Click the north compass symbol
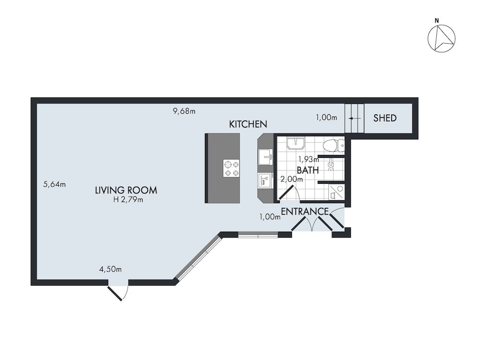click(x=441, y=38)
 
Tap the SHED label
click(x=385, y=118)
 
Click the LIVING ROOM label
click(x=126, y=190)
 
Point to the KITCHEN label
click(x=248, y=124)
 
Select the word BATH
click(x=307, y=170)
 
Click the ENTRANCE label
click(x=304, y=211)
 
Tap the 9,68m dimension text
click(x=184, y=111)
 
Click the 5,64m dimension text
click(x=54, y=184)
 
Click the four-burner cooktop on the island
click(x=231, y=168)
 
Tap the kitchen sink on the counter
click(x=265, y=156)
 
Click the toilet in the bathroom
click(x=333, y=144)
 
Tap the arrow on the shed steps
click(x=354, y=118)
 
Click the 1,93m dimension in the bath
click(x=309, y=159)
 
